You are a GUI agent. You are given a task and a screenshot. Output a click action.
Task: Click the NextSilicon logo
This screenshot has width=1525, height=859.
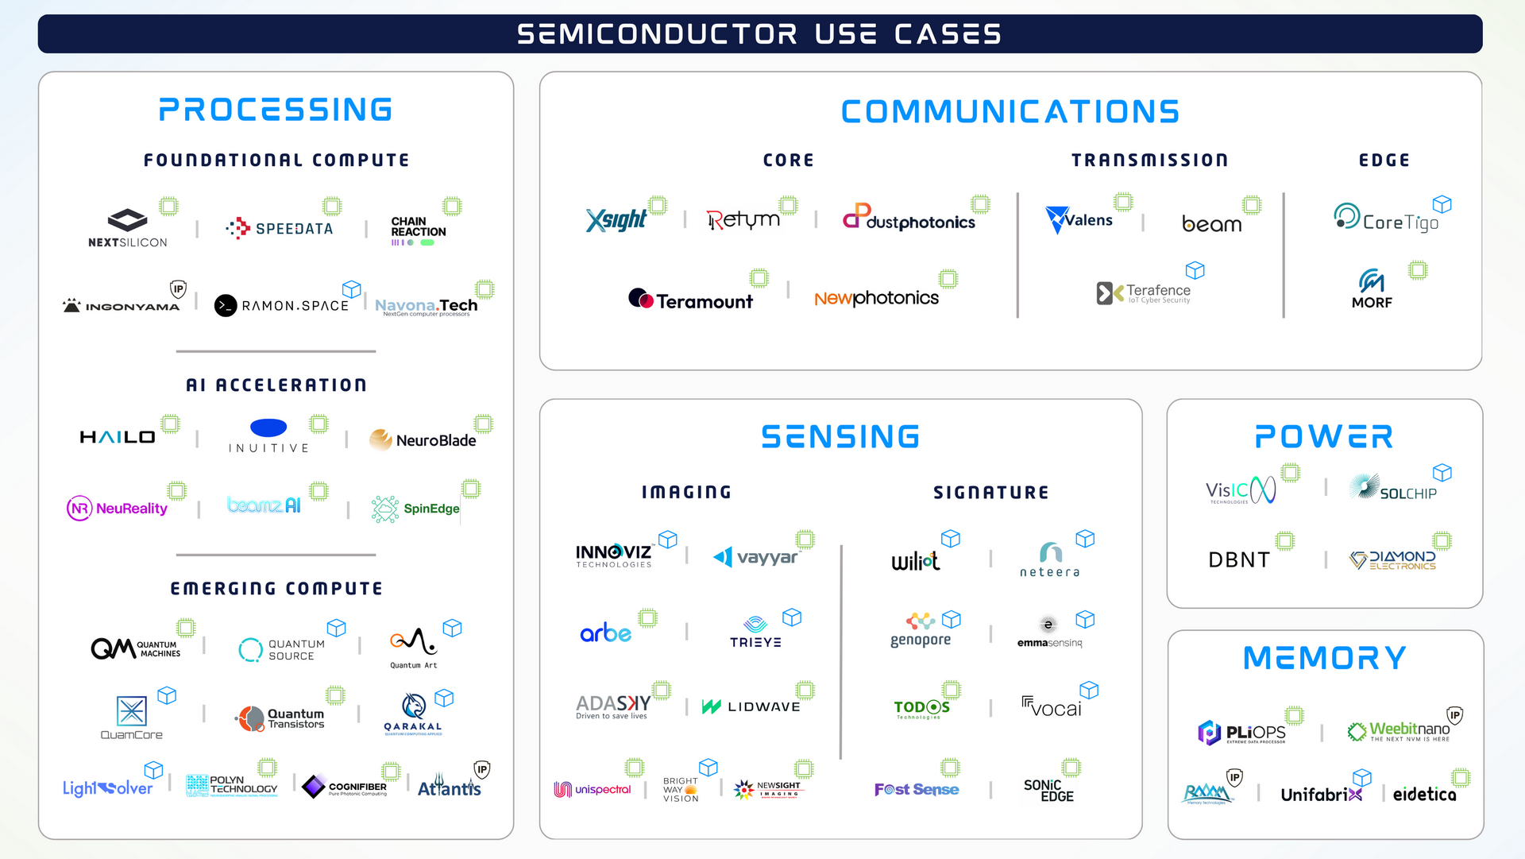127,228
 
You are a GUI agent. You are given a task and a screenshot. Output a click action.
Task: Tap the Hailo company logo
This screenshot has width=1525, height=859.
118,437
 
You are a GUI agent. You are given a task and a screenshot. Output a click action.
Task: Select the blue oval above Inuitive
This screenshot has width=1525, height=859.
268,428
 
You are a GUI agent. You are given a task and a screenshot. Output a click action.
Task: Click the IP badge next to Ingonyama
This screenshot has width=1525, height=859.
179,289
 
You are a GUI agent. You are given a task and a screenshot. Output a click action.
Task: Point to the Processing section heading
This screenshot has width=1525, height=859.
276,110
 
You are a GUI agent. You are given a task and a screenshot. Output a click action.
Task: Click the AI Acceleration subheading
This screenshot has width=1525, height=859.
276,385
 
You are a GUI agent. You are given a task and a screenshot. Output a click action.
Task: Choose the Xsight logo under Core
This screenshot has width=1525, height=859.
616,219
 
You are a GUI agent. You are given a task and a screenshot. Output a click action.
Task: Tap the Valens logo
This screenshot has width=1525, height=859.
1079,219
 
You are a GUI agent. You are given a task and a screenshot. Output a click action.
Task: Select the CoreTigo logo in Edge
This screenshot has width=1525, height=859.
1386,219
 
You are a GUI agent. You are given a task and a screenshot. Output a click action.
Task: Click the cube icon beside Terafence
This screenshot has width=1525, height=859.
1195,270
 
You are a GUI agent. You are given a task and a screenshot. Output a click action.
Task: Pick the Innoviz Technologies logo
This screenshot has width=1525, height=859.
613,555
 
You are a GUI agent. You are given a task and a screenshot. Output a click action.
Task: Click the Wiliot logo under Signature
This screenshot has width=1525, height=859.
915,561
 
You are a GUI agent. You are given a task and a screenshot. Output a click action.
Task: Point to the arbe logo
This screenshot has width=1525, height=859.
605,633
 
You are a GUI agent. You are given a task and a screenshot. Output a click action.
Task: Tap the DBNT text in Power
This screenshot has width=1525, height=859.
1239,560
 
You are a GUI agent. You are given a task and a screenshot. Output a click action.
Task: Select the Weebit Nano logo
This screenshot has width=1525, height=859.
1400,731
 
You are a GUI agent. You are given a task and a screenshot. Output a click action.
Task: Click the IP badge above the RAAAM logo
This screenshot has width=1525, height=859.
1234,777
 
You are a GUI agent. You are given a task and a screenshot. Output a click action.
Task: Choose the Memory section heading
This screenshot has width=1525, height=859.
1324,658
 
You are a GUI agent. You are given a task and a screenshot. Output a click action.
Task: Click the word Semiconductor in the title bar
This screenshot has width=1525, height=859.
657,34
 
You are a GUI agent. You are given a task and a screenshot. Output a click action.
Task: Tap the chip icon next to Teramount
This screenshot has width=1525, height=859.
759,278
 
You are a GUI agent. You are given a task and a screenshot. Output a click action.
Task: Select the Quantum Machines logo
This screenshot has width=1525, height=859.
135,648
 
